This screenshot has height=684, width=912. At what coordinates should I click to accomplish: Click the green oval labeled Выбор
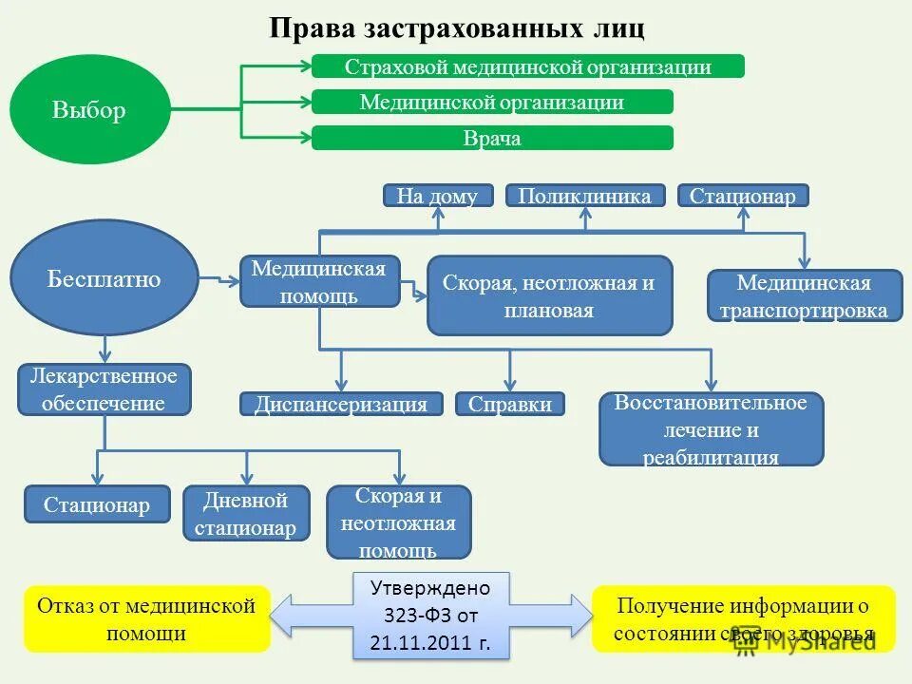(x=89, y=110)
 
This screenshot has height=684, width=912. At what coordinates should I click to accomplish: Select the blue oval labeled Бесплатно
(x=104, y=278)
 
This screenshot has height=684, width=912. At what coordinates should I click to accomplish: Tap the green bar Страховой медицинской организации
(x=527, y=66)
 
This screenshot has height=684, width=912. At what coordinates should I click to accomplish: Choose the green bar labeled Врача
(x=492, y=138)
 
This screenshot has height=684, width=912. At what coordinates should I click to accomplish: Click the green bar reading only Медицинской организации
(x=492, y=102)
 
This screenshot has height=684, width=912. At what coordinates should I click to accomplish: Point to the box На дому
(x=438, y=196)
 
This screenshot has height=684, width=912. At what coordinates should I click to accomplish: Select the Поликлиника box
(x=585, y=196)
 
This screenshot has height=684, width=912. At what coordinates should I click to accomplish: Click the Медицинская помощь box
(x=319, y=281)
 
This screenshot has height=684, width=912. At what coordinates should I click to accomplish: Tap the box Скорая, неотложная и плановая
(x=549, y=295)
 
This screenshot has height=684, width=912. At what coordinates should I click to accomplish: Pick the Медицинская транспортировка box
(x=805, y=295)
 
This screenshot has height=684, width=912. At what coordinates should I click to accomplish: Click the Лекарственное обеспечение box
(x=104, y=389)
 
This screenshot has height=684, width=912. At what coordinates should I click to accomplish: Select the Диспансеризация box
(x=341, y=404)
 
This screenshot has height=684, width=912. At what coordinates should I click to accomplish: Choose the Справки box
(x=510, y=404)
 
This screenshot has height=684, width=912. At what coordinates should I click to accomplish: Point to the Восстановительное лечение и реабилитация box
(x=711, y=428)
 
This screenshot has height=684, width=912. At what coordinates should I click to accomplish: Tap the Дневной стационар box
(x=247, y=513)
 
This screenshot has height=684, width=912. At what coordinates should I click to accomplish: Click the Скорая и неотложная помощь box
(x=398, y=522)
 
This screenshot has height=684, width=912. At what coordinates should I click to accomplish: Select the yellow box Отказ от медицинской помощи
(x=146, y=618)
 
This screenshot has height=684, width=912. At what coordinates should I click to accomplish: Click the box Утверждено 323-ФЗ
(x=430, y=616)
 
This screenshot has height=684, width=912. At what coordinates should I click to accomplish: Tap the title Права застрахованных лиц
(x=457, y=28)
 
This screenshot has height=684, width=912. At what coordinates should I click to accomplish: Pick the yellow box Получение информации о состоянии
(x=743, y=618)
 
